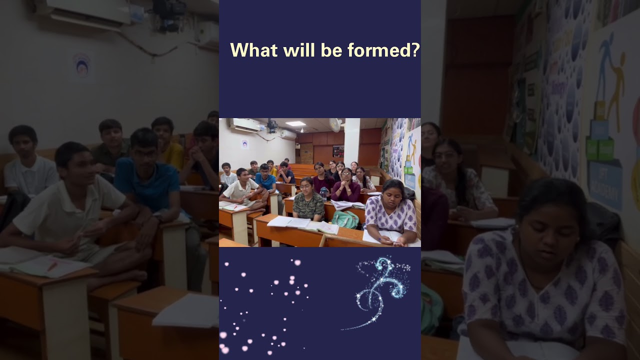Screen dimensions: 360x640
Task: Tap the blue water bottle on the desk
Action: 324,192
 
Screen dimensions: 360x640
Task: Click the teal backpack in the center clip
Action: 345,219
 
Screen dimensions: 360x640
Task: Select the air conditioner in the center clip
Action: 244,125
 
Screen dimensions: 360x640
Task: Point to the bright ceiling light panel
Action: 295,123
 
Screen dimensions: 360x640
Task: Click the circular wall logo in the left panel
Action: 82,67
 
